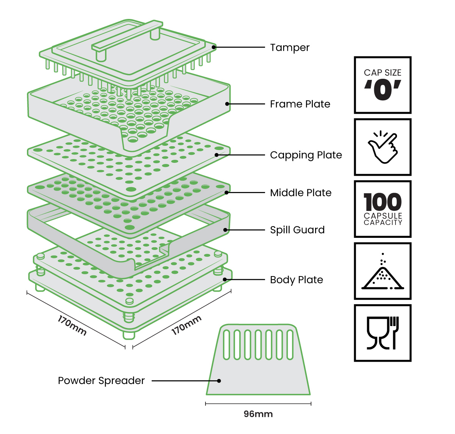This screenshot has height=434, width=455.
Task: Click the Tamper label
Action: pyautogui.click(x=290, y=48)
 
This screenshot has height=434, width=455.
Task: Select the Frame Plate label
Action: pyautogui.click(x=300, y=104)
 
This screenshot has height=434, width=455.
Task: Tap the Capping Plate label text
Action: pyautogui.click(x=306, y=155)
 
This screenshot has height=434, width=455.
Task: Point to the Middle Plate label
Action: pyautogui.click(x=300, y=193)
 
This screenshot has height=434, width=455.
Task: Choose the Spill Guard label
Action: pyautogui.click(x=297, y=230)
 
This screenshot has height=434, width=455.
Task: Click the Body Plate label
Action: pyautogui.click(x=297, y=280)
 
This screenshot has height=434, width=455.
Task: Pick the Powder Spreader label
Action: pyautogui.click(x=101, y=381)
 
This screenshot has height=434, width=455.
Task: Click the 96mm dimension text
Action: pyautogui.click(x=258, y=414)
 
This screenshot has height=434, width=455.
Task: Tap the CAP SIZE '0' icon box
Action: pyautogui.click(x=383, y=85)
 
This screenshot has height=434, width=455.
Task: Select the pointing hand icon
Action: pyautogui.click(x=383, y=147)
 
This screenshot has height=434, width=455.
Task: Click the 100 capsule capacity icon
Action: pyautogui.click(x=383, y=209)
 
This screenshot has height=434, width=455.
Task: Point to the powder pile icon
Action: pyautogui.click(x=383, y=271)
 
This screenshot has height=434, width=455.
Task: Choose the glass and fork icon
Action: pyautogui.click(x=383, y=333)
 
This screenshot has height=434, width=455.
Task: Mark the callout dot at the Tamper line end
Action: pyautogui.click(x=214, y=47)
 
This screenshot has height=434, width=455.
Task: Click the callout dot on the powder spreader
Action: pyautogui.click(x=219, y=381)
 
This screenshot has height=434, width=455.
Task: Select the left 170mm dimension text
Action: pyautogui.click(x=72, y=325)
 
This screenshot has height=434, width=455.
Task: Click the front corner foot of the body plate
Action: pyautogui.click(x=129, y=335)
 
